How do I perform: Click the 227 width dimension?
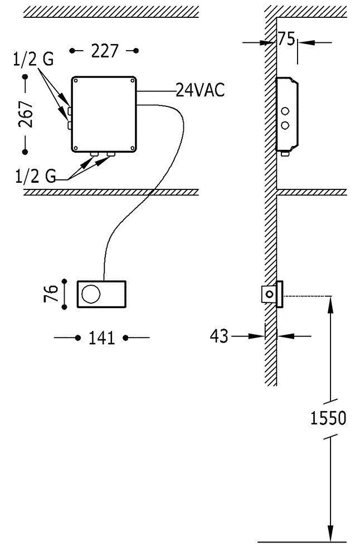click(104, 51)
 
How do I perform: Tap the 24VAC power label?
click(200, 90)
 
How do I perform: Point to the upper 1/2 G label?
click(33, 60)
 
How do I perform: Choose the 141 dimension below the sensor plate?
click(101, 338)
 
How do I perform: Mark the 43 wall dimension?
click(219, 336)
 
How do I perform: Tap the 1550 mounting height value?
click(328, 418)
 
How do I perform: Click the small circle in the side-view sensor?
click(270, 294)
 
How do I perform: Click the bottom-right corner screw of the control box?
click(132, 148)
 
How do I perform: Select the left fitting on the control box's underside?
click(94, 154)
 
